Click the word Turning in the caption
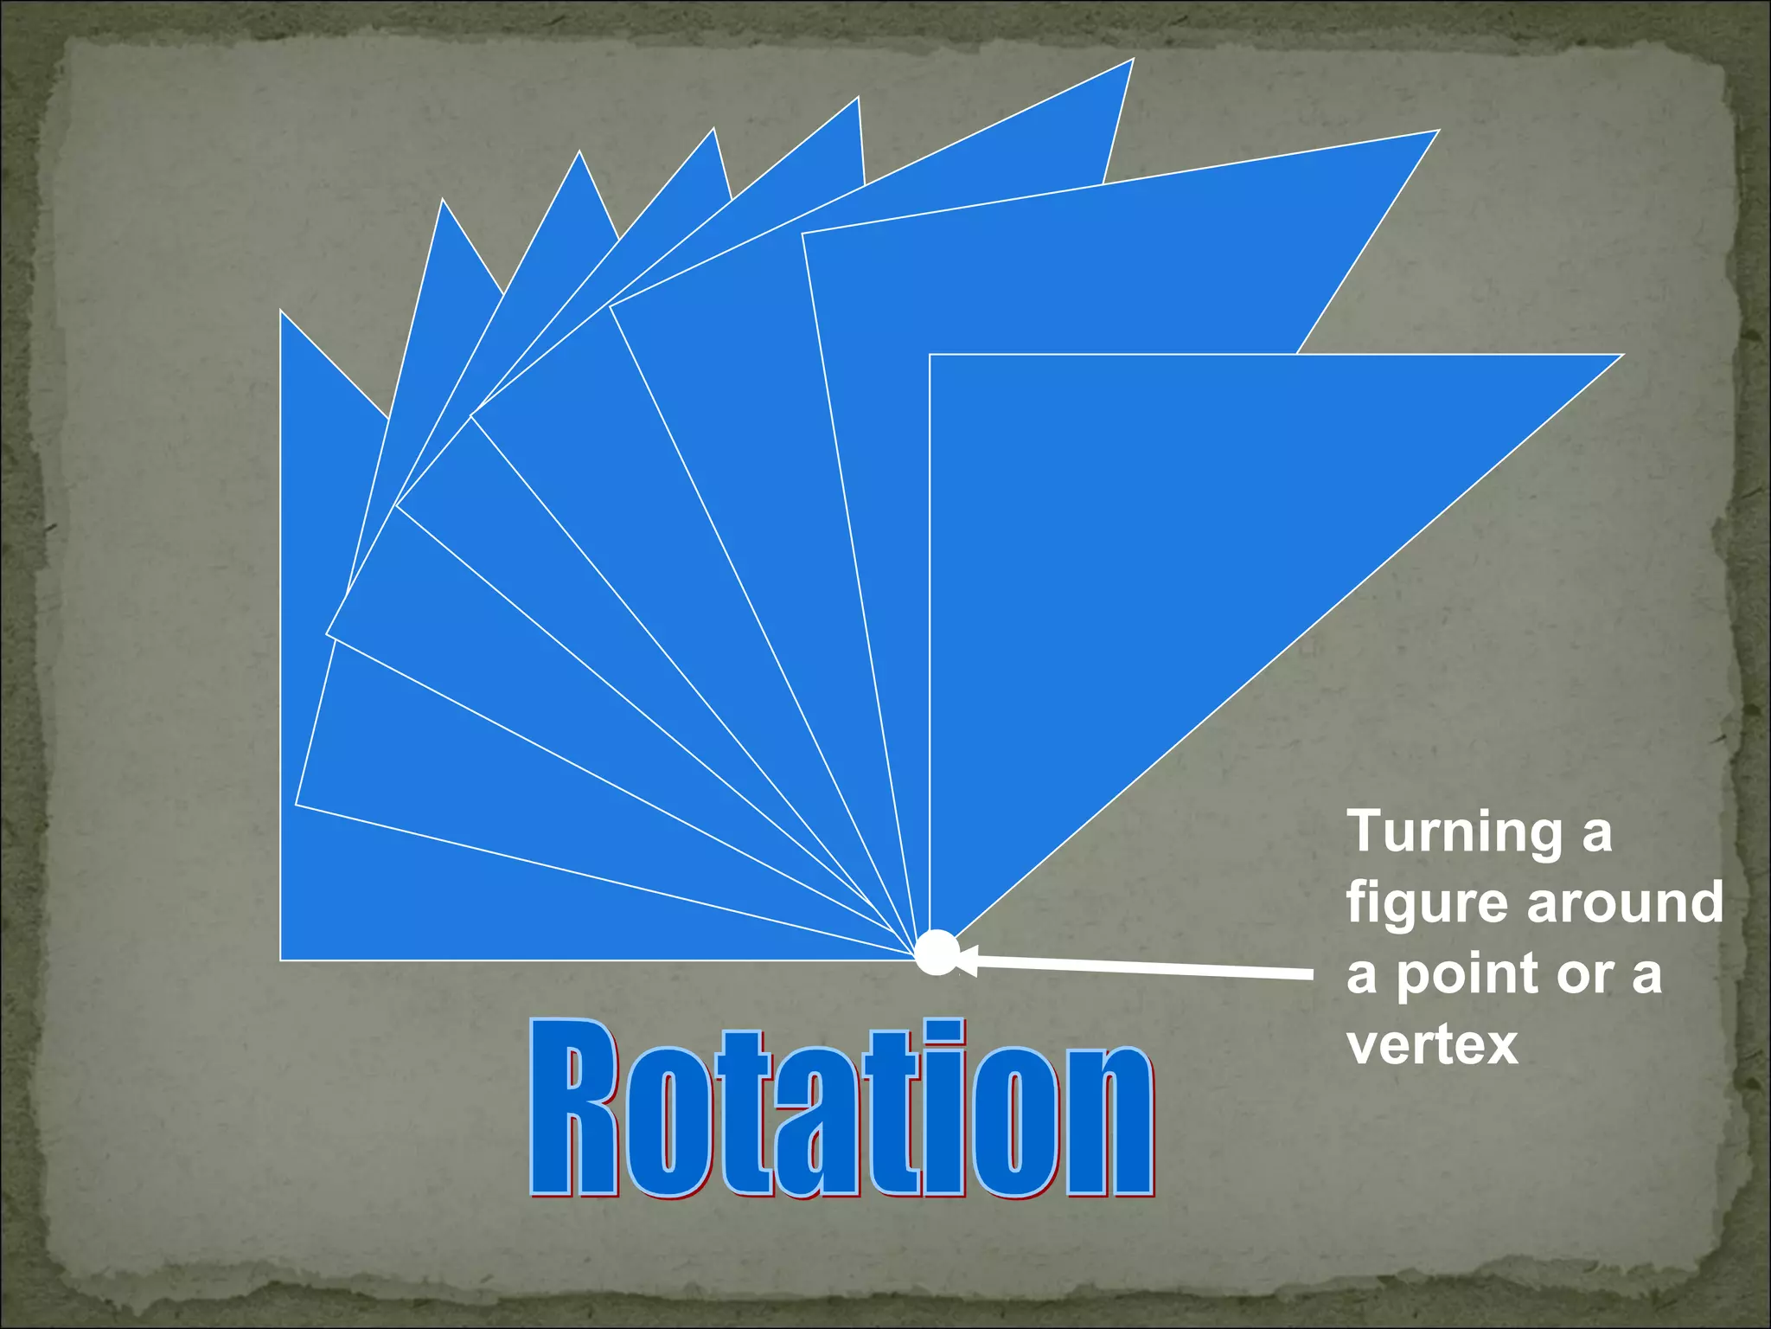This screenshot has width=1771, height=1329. pos(1455,833)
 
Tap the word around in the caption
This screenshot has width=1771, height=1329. pos(1625,903)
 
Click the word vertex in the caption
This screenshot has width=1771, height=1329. pos(1432,1045)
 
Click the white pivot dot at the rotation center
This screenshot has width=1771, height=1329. pos(937,953)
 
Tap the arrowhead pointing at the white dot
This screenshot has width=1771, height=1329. pos(967,960)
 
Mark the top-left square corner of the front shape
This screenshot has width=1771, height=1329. pos(931,356)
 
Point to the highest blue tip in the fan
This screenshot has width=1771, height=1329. pos(1132,61)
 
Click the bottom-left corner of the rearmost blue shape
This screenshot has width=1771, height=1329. pos(282,959)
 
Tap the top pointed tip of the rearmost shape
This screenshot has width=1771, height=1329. pos(282,312)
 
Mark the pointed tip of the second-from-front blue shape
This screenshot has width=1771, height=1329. pos(1436,132)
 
